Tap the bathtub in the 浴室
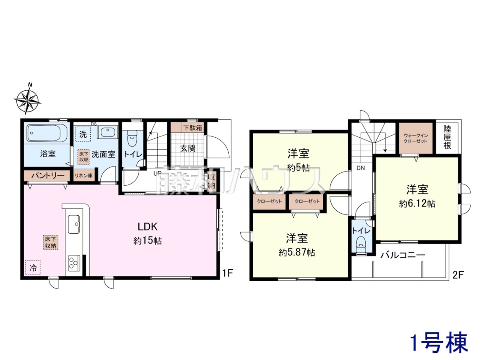point(47,134)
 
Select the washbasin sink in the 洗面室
point(108,132)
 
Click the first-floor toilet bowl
point(132,138)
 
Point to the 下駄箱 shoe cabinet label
point(192,128)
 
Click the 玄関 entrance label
point(188,148)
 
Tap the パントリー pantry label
point(48,176)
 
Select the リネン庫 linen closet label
point(84,176)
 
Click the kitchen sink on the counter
point(74,224)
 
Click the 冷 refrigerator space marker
point(33,268)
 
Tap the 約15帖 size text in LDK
point(148,241)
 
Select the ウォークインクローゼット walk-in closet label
point(415,138)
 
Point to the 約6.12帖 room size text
point(417,204)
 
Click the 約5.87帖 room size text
point(297,253)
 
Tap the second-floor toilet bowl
point(361,246)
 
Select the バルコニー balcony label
point(403,255)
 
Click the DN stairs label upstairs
point(361,168)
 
